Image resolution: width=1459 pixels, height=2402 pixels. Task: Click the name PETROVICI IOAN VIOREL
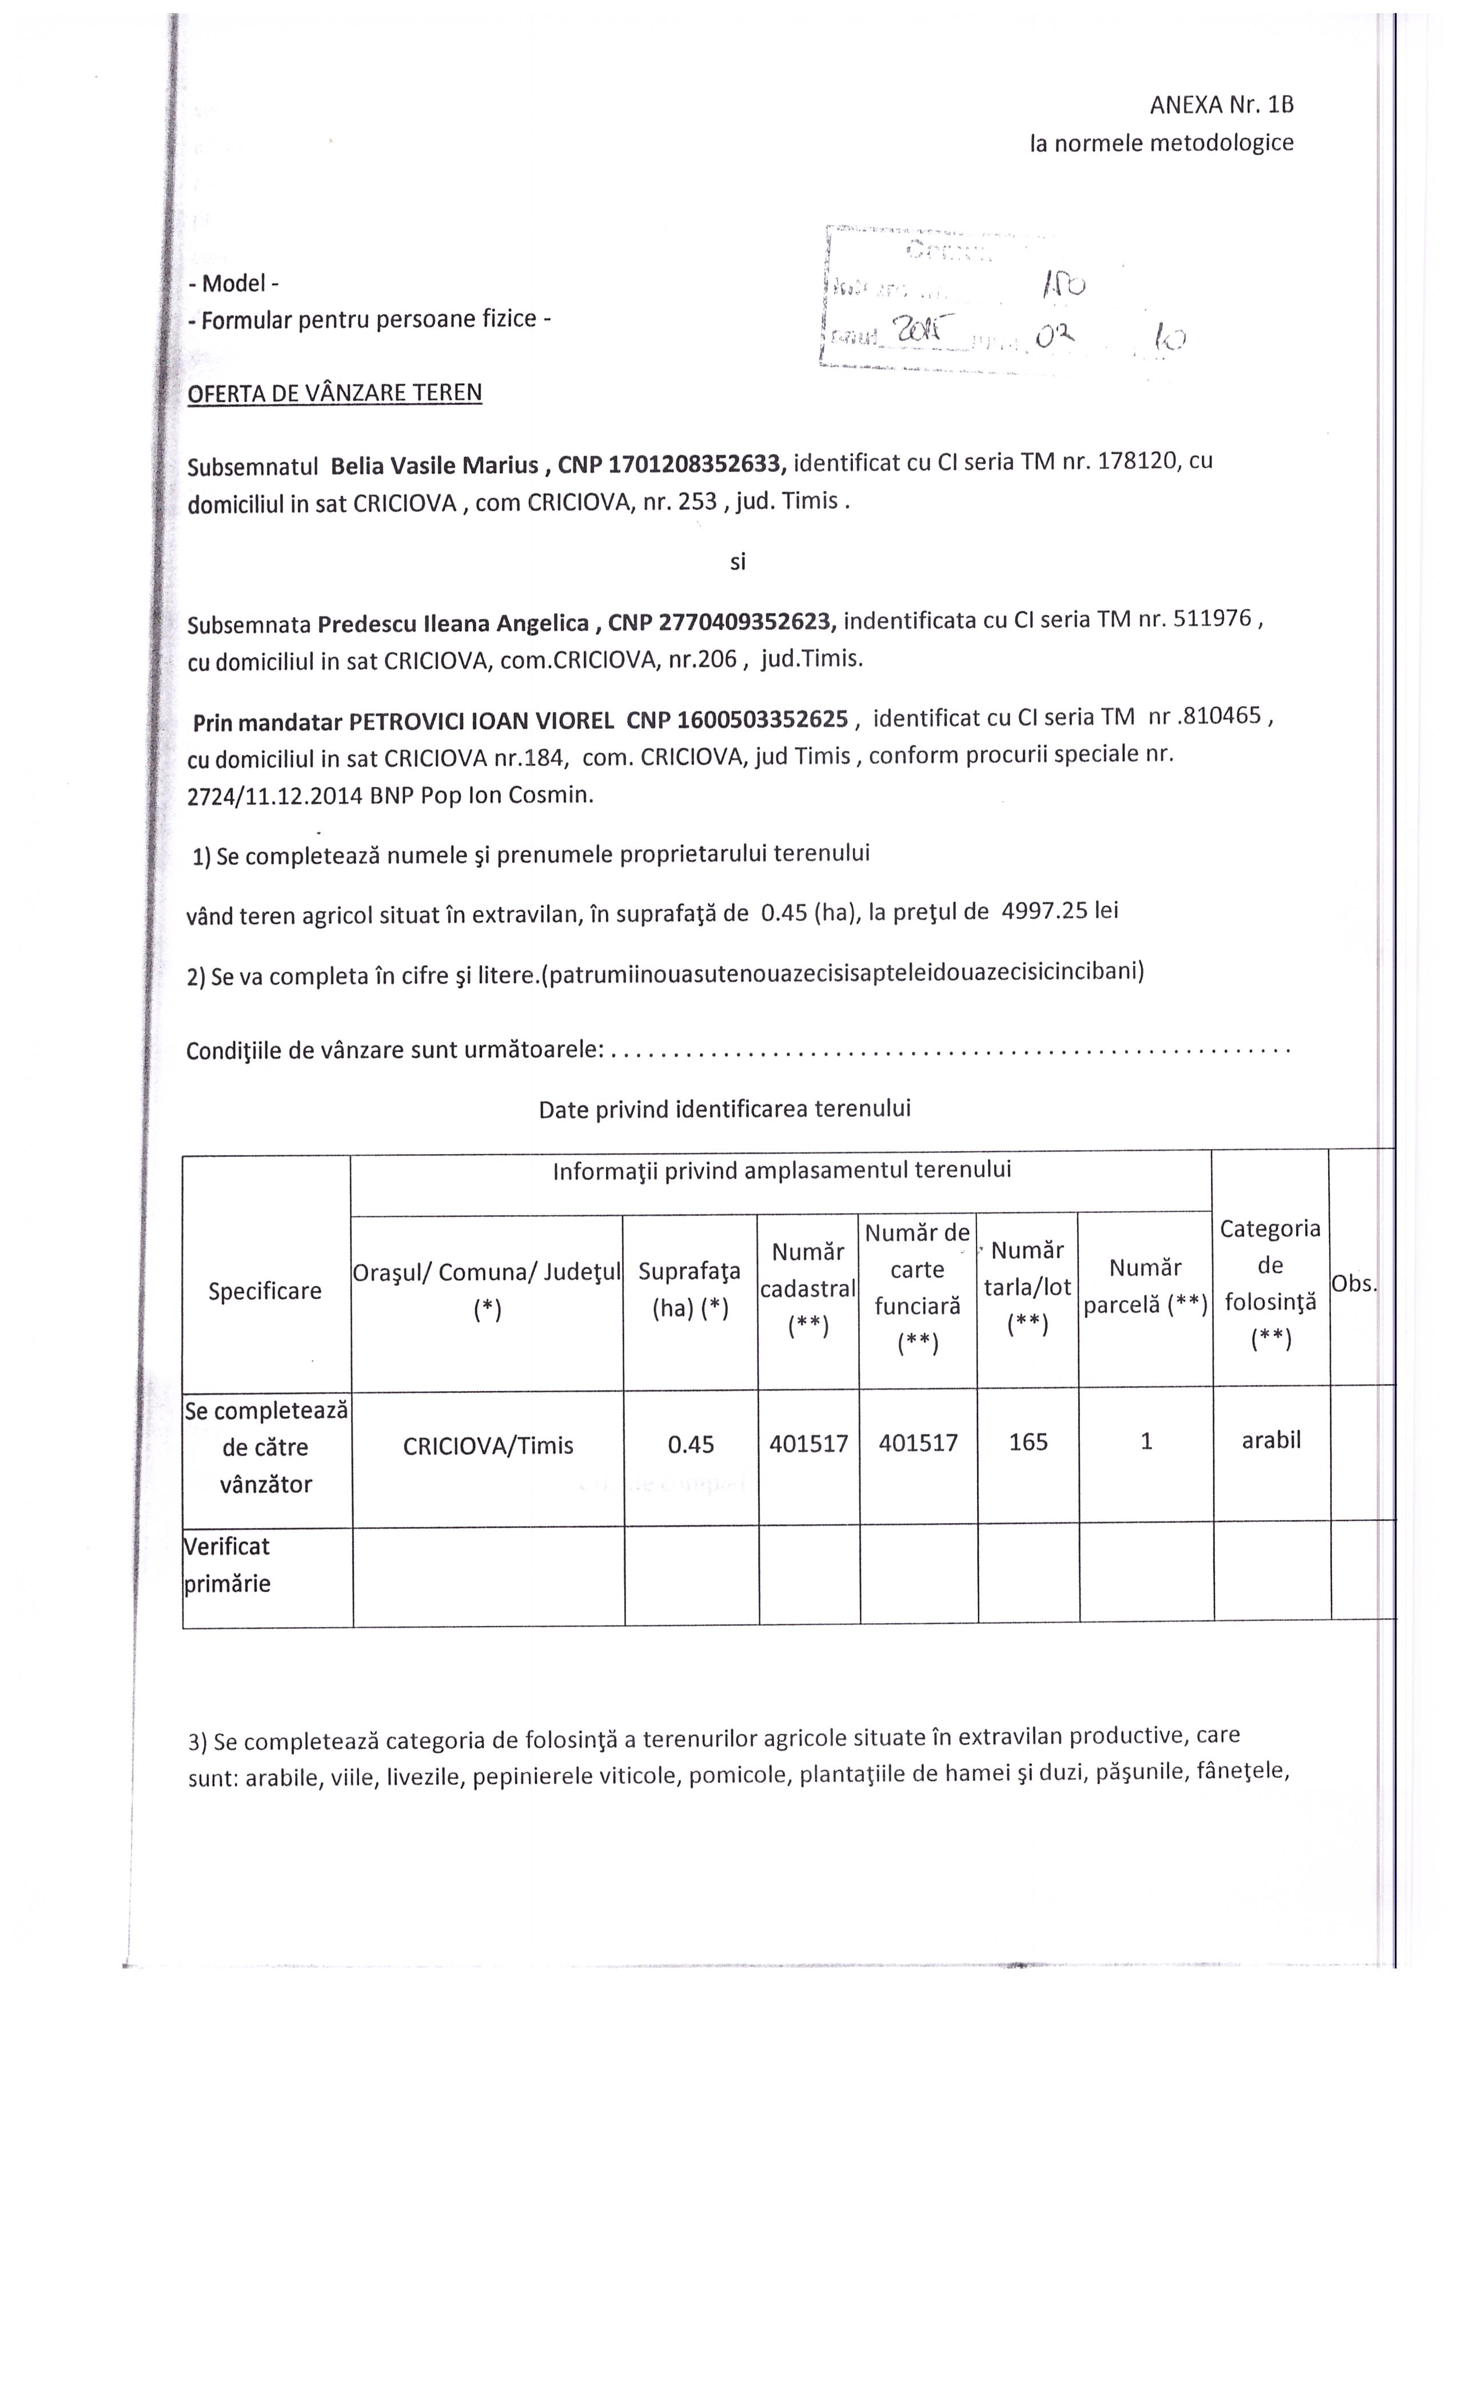480,721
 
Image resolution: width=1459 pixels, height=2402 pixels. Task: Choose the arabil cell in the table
1271,1440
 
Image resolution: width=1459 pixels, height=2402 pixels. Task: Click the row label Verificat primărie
228,1565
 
